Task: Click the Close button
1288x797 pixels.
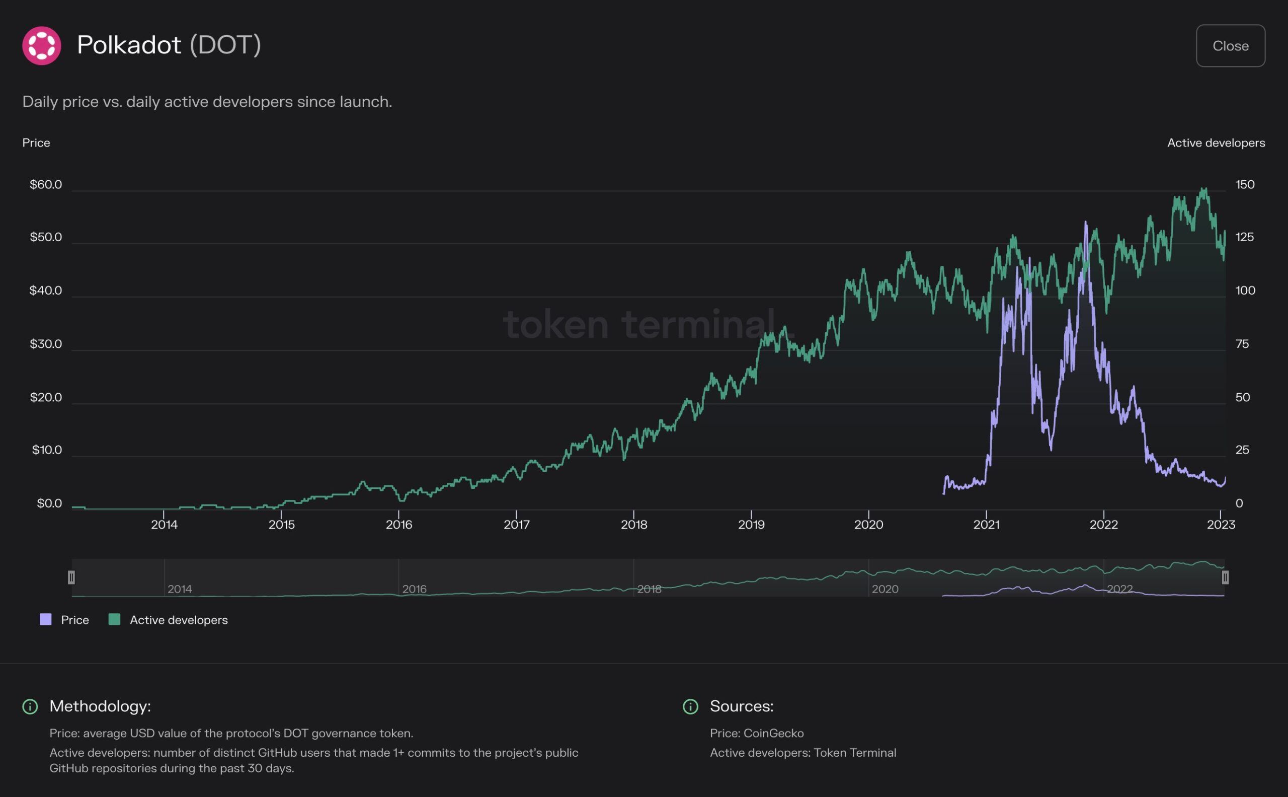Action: pyautogui.click(x=1230, y=46)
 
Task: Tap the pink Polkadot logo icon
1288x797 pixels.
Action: pyautogui.click(x=42, y=46)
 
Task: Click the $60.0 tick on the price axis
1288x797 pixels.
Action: pyautogui.click(x=46, y=184)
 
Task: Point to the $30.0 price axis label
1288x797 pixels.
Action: pyautogui.click(x=46, y=344)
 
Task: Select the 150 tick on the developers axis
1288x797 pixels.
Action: pyautogui.click(x=1245, y=184)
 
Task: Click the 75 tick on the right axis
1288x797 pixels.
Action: pyautogui.click(x=1242, y=344)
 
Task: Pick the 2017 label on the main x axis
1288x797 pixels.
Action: pyautogui.click(x=516, y=525)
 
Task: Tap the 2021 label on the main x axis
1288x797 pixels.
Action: pyautogui.click(x=986, y=525)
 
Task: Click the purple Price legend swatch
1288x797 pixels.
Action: pyautogui.click(x=46, y=619)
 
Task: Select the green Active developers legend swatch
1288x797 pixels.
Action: pyautogui.click(x=114, y=619)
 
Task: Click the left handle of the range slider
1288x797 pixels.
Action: pyautogui.click(x=71, y=577)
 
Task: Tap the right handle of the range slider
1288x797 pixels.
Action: pyautogui.click(x=1225, y=577)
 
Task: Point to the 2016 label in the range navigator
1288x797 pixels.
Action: pyautogui.click(x=415, y=589)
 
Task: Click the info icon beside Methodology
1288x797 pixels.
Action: pyautogui.click(x=30, y=706)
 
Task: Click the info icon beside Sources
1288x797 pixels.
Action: pyautogui.click(x=690, y=706)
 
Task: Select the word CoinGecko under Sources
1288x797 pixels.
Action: pyautogui.click(x=773, y=733)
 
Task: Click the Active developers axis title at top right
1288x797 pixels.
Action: pyautogui.click(x=1216, y=143)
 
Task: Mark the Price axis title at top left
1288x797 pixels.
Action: pyautogui.click(x=36, y=143)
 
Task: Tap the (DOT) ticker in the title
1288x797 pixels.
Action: pyautogui.click(x=225, y=45)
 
